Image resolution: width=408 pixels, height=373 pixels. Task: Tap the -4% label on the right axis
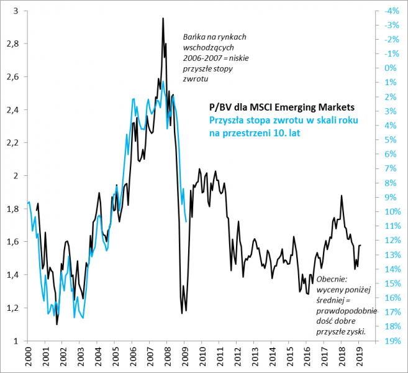tap(391, 11)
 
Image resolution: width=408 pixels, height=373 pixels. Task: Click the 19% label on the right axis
tap(391, 341)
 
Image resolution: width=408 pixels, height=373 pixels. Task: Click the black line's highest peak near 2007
tap(163, 19)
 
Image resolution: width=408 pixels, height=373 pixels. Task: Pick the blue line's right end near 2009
tap(186, 221)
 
